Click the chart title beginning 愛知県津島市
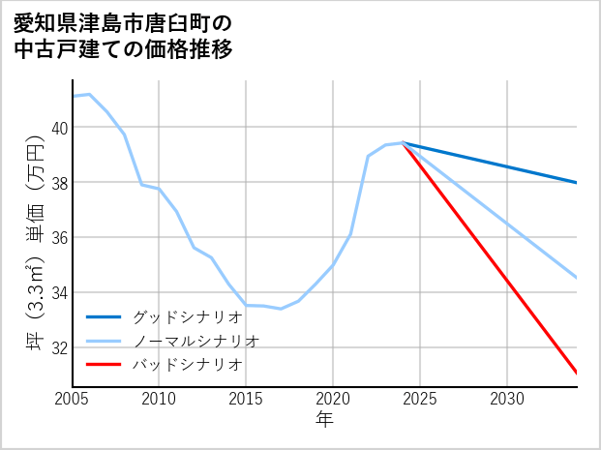tap(124, 35)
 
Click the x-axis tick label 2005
tap(73, 399)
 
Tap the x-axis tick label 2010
tap(159, 399)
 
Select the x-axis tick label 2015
tap(246, 399)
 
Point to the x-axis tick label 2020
tap(333, 399)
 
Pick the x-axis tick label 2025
tap(420, 399)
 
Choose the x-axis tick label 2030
tap(507, 399)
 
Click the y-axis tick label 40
tap(60, 128)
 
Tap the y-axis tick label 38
tap(60, 183)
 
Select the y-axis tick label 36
tap(60, 237)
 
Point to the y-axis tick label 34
tap(60, 292)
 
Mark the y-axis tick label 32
tap(60, 347)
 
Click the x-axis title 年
tap(324, 420)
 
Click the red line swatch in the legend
tap(104, 365)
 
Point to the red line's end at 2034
tap(577, 373)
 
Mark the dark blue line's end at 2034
tap(577, 182)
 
